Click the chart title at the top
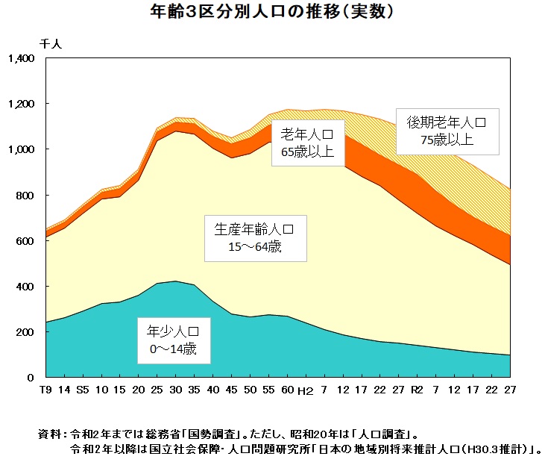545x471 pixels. point(272,13)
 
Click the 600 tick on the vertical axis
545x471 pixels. point(28,241)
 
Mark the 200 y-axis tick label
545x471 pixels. point(28,332)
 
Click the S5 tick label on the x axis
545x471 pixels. point(83,390)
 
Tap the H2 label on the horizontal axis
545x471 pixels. point(305,390)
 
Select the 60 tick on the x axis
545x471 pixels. point(287,390)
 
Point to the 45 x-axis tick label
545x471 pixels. point(231,390)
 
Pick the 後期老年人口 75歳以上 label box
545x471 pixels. point(447,130)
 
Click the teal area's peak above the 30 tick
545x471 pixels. point(175,282)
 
